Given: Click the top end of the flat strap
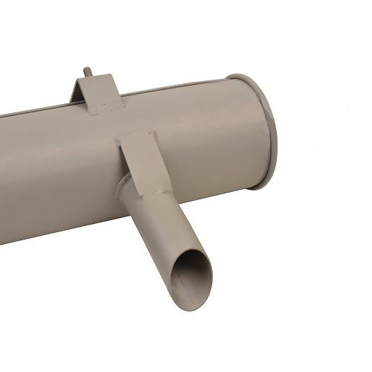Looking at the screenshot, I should point(138,138).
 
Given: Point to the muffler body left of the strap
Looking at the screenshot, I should point(52,171).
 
